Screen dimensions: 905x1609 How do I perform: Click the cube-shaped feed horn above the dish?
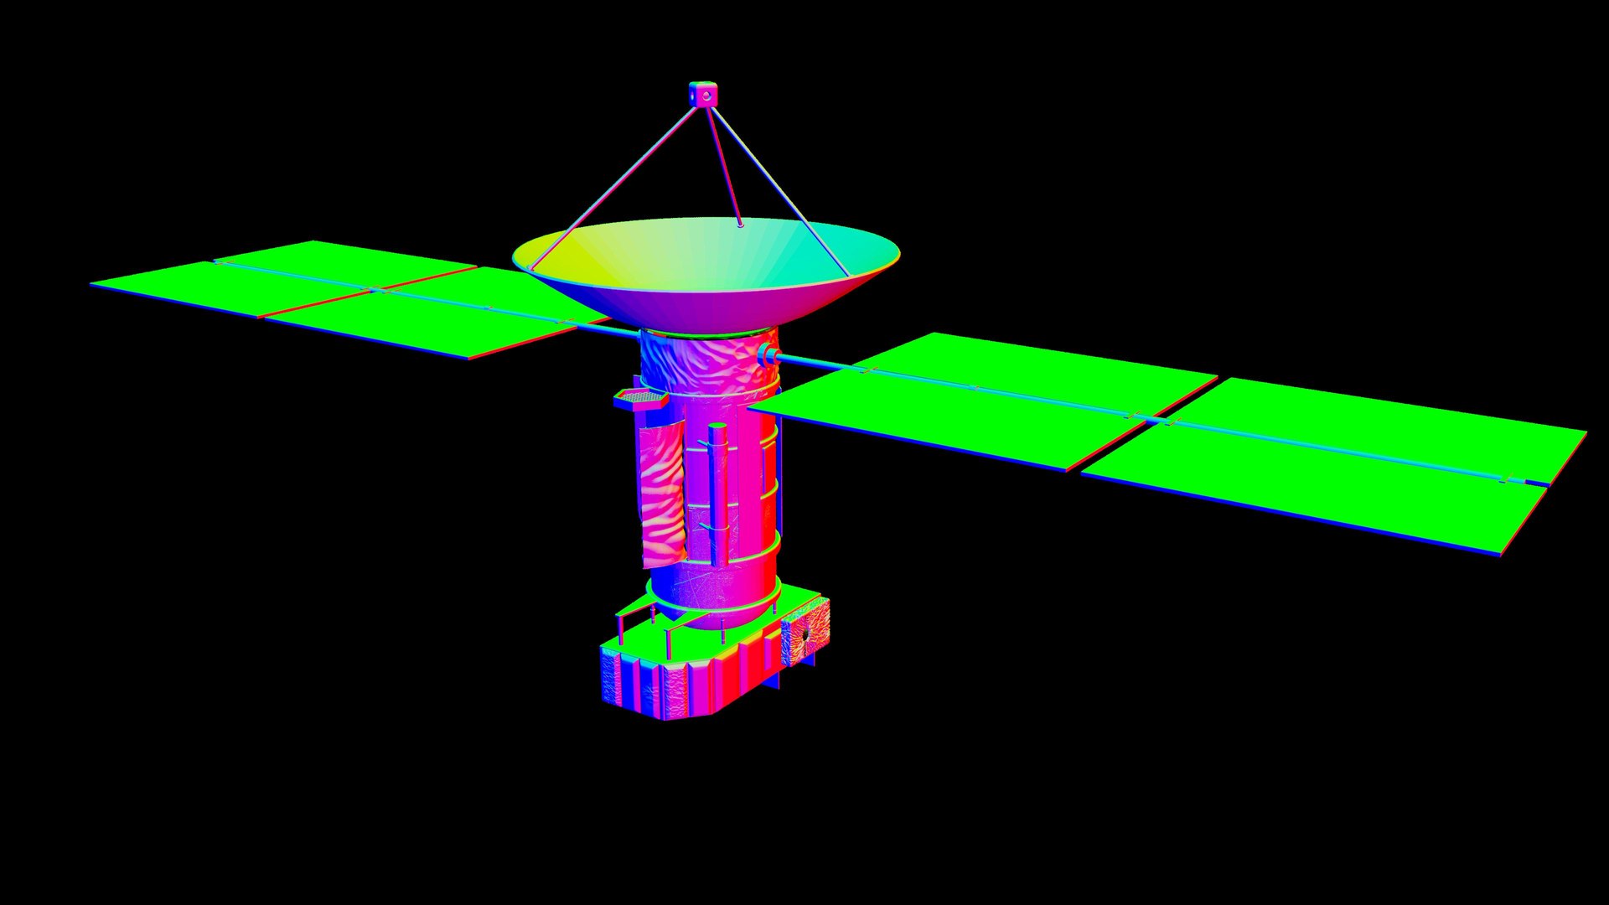(704, 93)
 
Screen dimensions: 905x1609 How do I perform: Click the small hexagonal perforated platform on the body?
(641, 397)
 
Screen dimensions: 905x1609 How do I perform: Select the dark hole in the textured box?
(801, 636)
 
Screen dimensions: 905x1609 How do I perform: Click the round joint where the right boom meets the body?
(766, 356)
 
